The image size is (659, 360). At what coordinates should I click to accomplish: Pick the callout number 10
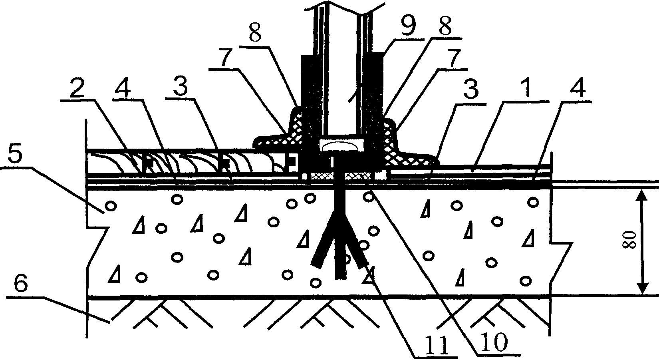tap(494, 341)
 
